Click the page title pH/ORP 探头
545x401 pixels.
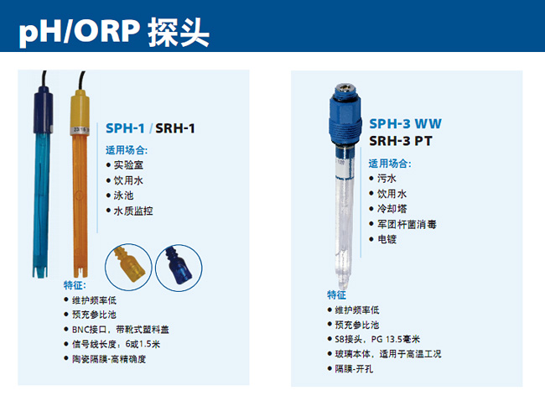[x=114, y=32]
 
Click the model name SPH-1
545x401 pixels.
[x=125, y=128]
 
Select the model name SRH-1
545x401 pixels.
[x=175, y=128]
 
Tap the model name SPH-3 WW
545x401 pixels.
[x=405, y=123]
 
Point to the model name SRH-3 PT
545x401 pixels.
[x=401, y=141]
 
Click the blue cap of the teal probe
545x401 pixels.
[x=43, y=111]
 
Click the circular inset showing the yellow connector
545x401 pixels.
[x=128, y=267]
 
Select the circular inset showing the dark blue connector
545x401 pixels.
[x=179, y=268]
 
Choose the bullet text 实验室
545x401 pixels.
[x=128, y=165]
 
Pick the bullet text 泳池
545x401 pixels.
[x=123, y=195]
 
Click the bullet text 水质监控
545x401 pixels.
[x=133, y=211]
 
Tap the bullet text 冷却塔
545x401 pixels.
[x=392, y=209]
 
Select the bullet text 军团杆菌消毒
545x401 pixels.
[x=407, y=224]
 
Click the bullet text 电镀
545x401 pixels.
[x=387, y=239]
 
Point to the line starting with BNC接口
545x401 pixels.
[x=120, y=330]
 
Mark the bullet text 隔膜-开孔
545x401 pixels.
[x=354, y=368]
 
